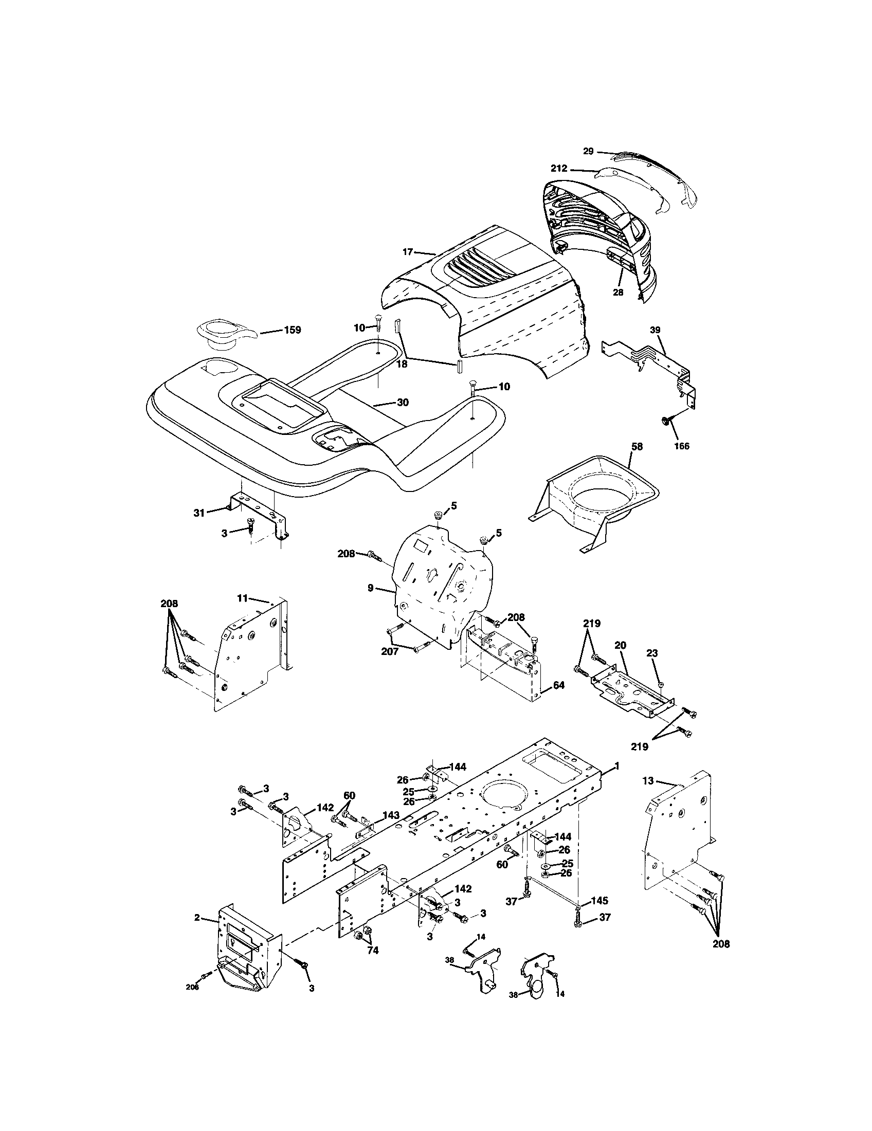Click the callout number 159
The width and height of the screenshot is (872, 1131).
click(292, 330)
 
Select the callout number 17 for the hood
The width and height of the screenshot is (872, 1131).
click(408, 252)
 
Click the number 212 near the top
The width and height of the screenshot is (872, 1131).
click(559, 168)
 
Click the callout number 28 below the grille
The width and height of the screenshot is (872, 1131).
click(618, 292)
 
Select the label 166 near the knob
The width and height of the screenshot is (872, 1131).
click(681, 446)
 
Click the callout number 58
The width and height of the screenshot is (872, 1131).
click(637, 446)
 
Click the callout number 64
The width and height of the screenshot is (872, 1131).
click(559, 685)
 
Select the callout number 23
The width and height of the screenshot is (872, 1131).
click(651, 653)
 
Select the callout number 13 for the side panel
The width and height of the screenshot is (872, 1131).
click(648, 795)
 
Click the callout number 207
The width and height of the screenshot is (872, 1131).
click(389, 651)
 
